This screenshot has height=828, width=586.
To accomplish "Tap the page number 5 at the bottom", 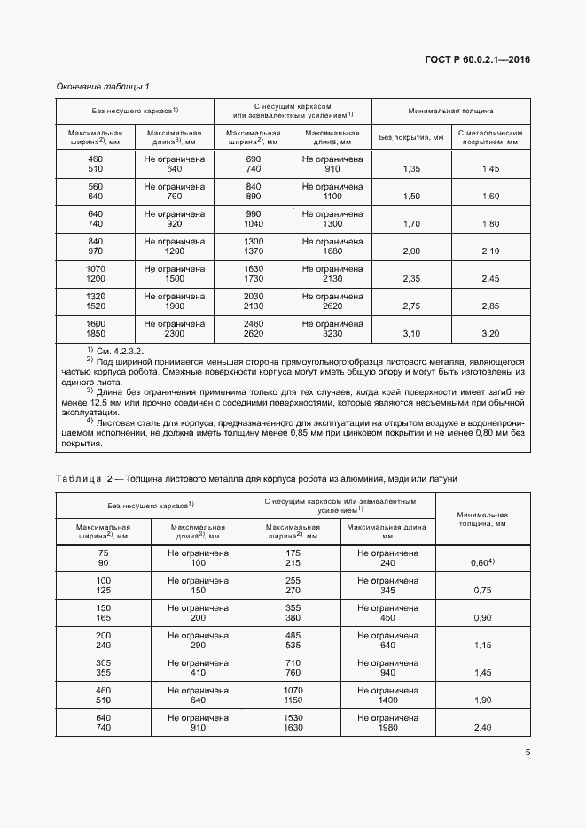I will coord(527,754).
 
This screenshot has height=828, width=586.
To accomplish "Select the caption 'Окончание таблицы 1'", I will coord(103,86).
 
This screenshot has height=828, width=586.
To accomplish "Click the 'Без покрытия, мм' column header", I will coord(411,137).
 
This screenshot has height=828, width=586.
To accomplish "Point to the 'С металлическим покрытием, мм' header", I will coord(491,136).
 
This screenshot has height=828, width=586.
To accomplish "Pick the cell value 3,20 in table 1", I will coord(491,334).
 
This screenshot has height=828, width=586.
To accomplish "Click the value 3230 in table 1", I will coord(332,334).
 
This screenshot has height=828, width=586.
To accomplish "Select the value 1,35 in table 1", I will coord(411,169).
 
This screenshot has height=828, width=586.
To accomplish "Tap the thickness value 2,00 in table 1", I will coord(411,251).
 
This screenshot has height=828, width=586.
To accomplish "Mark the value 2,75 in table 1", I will coord(411,306).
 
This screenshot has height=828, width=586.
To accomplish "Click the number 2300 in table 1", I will coord(175,334).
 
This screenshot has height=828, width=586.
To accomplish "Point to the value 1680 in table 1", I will coord(332,251).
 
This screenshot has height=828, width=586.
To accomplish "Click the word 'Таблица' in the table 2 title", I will coord(77,478).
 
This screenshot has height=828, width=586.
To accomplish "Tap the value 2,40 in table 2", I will coord(482,728).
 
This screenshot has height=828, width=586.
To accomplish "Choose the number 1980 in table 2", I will coord(387,728).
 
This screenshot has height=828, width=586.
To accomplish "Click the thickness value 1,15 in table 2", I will coord(482,646).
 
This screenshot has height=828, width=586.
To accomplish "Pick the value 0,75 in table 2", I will coord(482,591).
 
